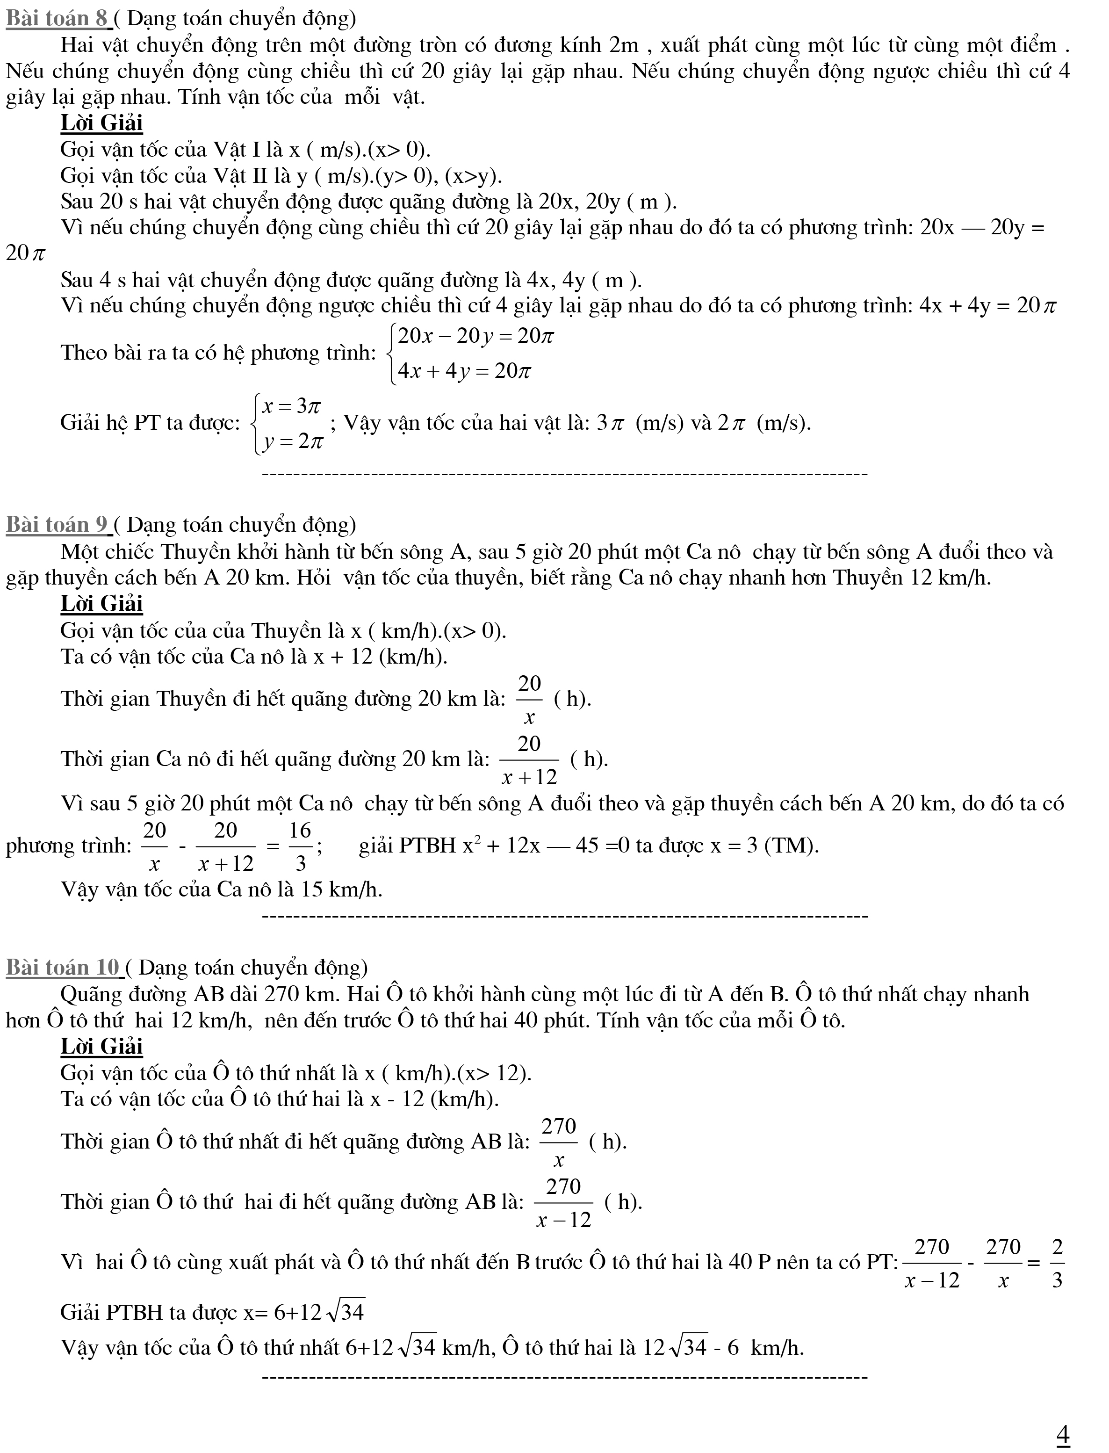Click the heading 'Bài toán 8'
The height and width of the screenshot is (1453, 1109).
click(x=58, y=19)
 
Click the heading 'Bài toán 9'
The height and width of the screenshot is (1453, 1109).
click(x=58, y=525)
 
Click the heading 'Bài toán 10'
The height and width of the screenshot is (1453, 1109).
click(x=64, y=967)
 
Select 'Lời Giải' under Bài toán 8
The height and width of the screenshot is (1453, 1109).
click(x=101, y=123)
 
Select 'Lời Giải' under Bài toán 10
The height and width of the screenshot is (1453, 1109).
click(x=101, y=1046)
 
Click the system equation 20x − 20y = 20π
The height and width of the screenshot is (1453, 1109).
click(x=475, y=337)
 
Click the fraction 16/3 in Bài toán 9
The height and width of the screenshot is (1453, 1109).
click(x=300, y=846)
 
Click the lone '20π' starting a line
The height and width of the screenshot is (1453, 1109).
click(x=25, y=253)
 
